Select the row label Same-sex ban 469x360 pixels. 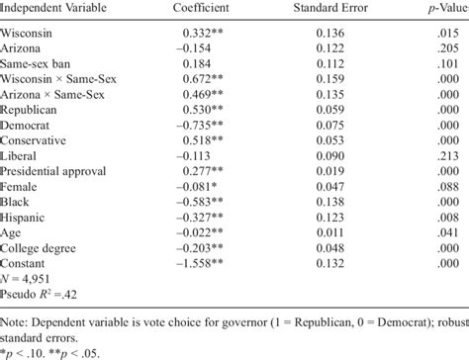pyautogui.click(x=40, y=63)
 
